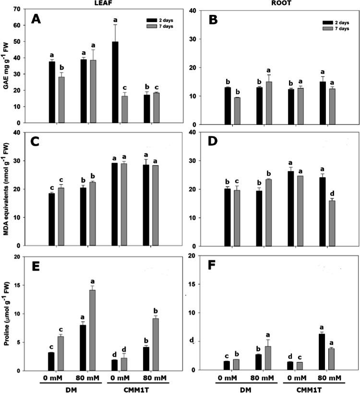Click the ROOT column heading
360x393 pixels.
pos(273,3)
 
